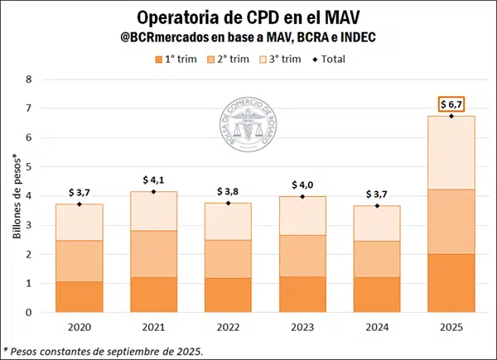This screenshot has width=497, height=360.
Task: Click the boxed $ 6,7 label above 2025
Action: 451,103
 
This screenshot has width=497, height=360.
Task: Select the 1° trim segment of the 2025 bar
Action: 451,283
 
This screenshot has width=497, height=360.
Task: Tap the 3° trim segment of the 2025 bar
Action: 451,152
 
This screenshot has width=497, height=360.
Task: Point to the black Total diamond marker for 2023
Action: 302,196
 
